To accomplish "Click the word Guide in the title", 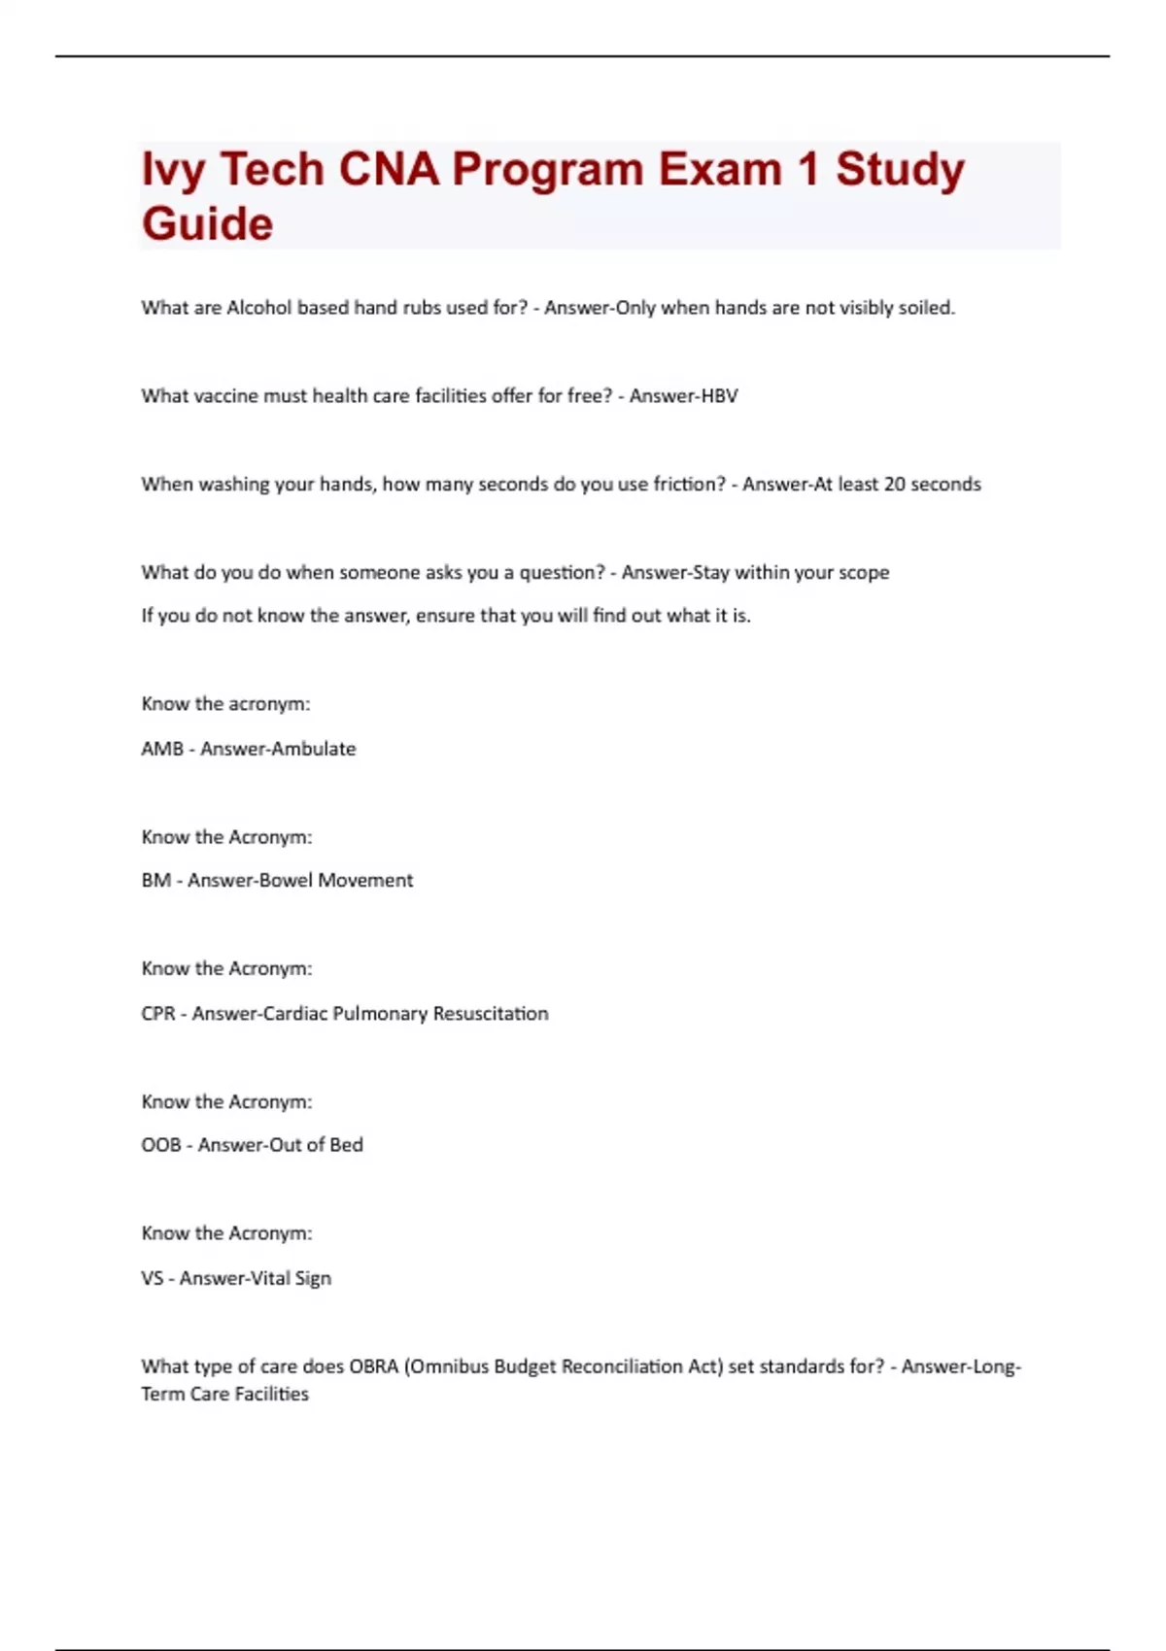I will [207, 224].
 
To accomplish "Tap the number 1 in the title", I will [807, 170].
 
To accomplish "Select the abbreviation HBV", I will [718, 396].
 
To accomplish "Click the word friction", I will [688, 485].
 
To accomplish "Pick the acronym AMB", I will [162, 749].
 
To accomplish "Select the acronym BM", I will [155, 881].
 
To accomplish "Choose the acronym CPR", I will [158, 1014].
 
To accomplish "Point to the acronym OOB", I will [161, 1145].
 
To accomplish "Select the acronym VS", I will [153, 1279].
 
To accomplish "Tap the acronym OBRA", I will [374, 1366].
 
